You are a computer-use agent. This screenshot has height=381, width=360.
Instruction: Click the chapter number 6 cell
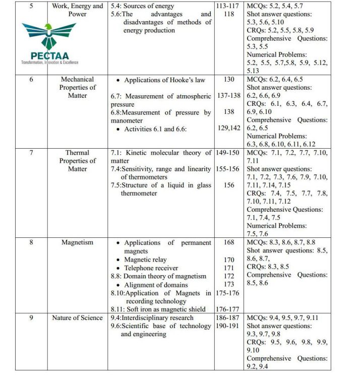pyautogui.click(x=31, y=79)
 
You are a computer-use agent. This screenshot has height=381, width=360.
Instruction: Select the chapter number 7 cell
pyautogui.click(x=31, y=152)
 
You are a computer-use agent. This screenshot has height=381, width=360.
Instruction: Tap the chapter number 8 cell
pyautogui.click(x=31, y=242)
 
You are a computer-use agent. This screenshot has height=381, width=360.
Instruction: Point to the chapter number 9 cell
pyautogui.click(x=31, y=318)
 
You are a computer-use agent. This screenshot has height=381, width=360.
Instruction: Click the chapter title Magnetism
pyautogui.click(x=77, y=242)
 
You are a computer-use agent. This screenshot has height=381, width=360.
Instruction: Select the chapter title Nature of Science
pyautogui.click(x=77, y=318)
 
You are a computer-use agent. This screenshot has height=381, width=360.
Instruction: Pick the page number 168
pyautogui.click(x=229, y=242)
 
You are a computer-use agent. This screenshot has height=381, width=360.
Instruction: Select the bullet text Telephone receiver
pyautogui.click(x=153, y=268)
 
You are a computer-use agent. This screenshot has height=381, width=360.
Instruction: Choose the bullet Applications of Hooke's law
pyautogui.click(x=164, y=80)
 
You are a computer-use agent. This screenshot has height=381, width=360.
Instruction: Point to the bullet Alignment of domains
pyautogui.click(x=155, y=284)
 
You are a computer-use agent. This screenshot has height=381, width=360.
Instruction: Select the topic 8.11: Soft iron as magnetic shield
pyautogui.click(x=158, y=309)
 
